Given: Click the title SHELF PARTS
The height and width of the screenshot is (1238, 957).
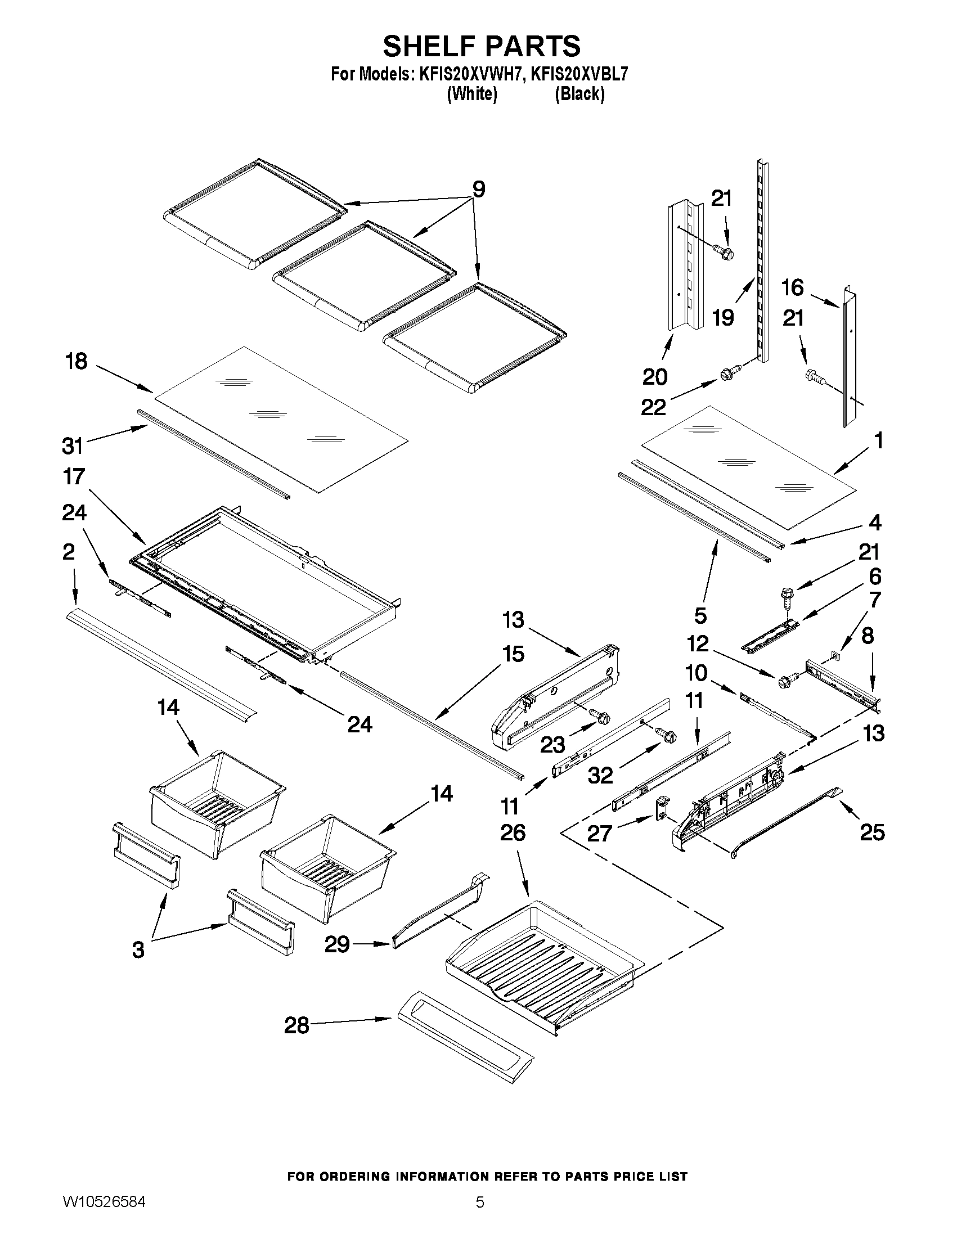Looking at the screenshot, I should click(482, 46).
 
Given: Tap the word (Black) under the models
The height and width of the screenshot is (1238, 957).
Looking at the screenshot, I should click(579, 94).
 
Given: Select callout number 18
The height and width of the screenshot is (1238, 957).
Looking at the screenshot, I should click(77, 361).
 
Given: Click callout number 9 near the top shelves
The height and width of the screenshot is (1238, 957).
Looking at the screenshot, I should click(478, 189).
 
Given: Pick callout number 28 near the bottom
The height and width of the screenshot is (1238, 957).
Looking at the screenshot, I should click(296, 1025).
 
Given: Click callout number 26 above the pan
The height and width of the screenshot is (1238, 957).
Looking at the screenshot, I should click(513, 832).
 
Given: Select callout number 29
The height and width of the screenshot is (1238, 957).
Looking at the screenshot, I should click(337, 944).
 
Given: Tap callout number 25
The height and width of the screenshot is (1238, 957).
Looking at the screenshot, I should click(872, 832).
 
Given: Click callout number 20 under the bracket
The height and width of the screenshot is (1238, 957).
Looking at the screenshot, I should click(655, 376).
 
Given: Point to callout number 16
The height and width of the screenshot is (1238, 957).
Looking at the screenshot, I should click(793, 287).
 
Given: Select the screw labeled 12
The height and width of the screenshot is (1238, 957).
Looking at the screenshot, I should click(787, 679).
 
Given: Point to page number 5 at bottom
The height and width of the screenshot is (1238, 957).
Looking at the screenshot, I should click(480, 1214).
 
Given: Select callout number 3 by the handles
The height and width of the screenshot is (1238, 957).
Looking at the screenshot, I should click(138, 949).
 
